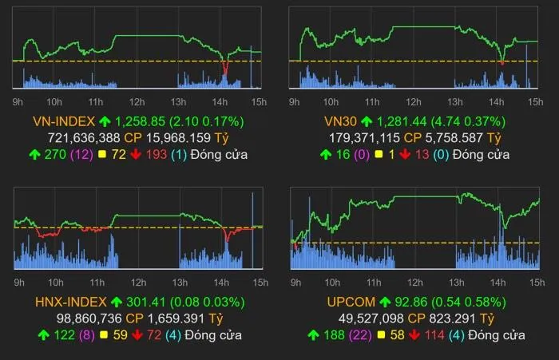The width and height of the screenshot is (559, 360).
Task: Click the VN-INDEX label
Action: pos(63,121)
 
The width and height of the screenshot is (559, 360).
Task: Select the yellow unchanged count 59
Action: pos(121,334)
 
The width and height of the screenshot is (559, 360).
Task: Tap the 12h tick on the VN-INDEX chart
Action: pos(137,101)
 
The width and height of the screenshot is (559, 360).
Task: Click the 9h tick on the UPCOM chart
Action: pos(294,282)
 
